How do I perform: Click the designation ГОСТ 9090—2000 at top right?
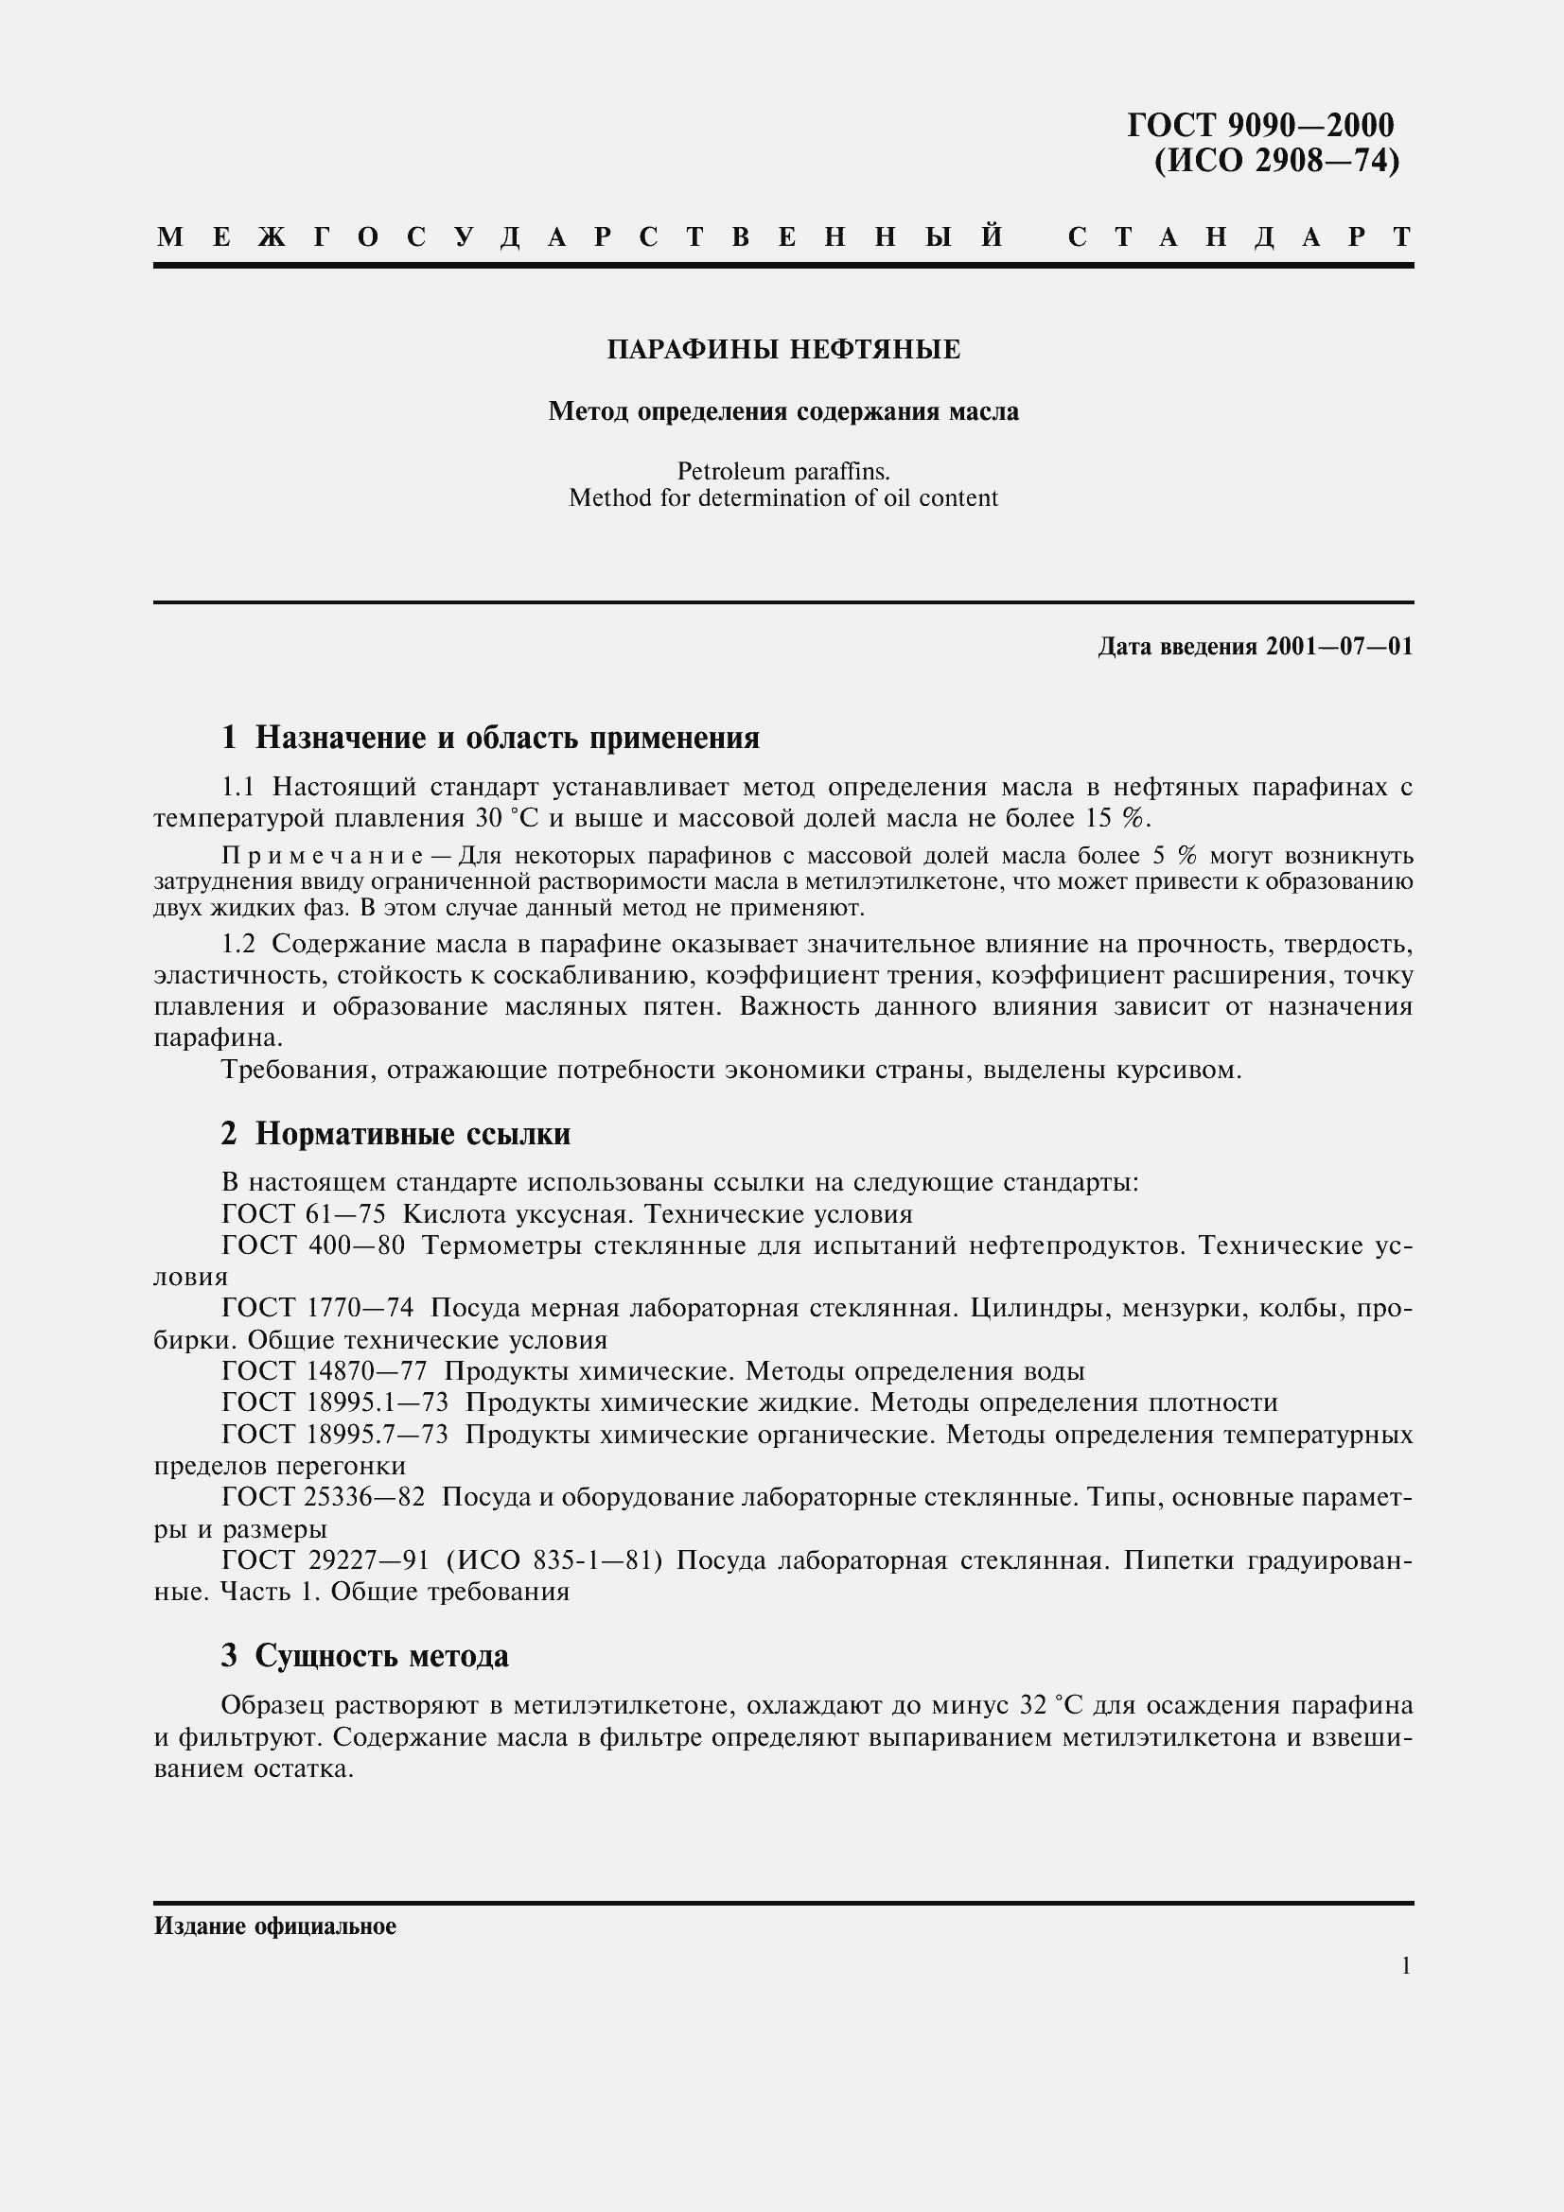(x=1260, y=125)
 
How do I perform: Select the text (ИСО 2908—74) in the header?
(x=1275, y=160)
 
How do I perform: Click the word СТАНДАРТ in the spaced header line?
(x=1240, y=237)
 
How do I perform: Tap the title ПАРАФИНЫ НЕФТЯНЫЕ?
(x=783, y=350)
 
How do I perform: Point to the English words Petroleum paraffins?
(x=783, y=472)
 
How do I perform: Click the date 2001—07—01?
(x=1340, y=647)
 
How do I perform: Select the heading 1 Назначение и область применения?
(x=490, y=738)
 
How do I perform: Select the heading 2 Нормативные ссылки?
(x=396, y=1134)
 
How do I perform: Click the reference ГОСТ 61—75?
(x=304, y=1215)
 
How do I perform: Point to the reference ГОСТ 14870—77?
(x=324, y=1372)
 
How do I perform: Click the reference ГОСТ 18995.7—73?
(x=334, y=1435)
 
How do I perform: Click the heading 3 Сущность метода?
(x=365, y=1656)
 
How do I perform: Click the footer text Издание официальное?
(x=274, y=1926)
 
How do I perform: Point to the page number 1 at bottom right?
(x=1406, y=1966)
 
